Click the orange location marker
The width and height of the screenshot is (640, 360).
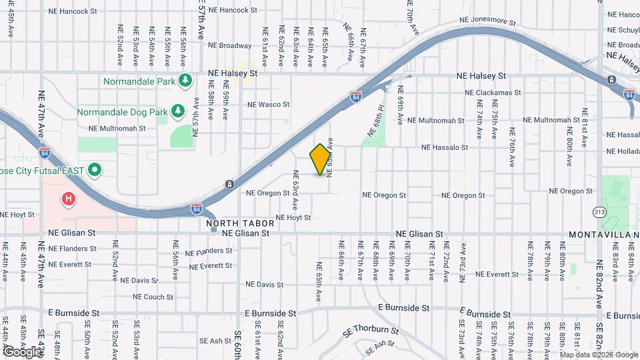pos(320,159)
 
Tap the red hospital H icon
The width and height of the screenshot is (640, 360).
pos(67,198)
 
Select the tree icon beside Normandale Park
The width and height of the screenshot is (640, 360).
pos(186,81)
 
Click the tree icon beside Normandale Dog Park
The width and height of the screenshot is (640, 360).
pos(177,111)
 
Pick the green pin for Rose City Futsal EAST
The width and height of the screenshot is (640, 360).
pos(94,170)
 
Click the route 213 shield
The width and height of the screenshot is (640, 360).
pos(599,211)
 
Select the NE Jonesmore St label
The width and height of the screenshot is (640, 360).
pos(489,21)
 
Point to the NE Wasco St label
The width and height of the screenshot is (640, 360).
pos(268,105)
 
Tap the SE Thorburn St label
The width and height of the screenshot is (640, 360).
pos(371,330)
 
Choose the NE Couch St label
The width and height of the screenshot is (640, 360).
pos(153,297)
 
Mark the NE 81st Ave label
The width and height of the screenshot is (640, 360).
pos(585,123)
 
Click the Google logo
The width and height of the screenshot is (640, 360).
pos(23,351)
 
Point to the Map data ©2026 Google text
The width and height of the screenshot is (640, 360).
pos(599,354)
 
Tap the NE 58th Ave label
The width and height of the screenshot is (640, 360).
pos(210,105)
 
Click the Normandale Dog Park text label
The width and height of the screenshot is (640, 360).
pos(122,111)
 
